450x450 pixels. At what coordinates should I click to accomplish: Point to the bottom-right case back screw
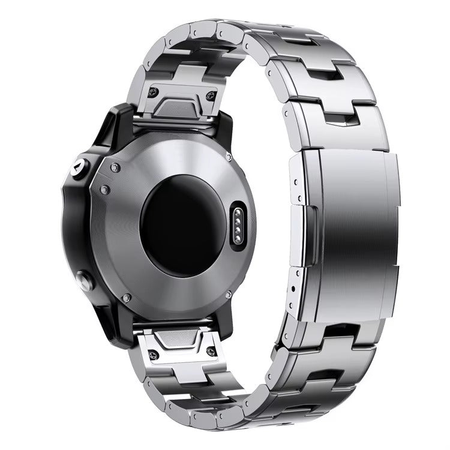(227, 294)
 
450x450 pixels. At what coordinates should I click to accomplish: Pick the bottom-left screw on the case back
(126, 298)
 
